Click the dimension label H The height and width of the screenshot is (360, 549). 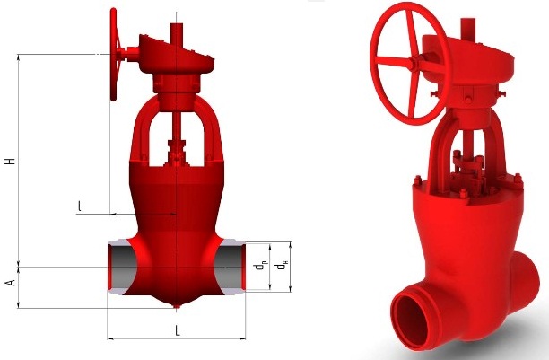point(11,162)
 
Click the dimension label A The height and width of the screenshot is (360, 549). point(11,282)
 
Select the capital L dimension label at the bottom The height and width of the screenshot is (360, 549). point(178,330)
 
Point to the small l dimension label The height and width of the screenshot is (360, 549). point(80,206)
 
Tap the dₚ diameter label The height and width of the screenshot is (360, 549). point(259,266)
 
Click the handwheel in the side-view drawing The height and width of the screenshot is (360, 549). point(113,55)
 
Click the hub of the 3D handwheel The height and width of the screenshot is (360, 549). point(414,64)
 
